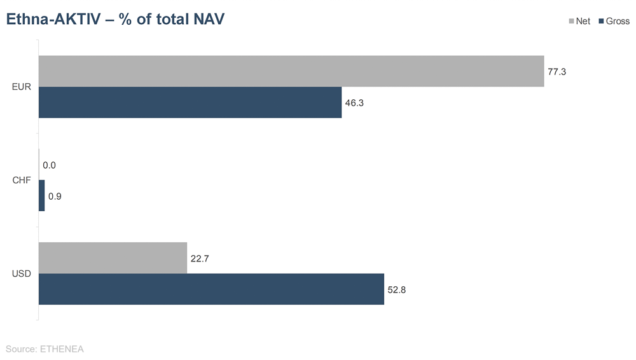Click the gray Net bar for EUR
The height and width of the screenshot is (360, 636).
click(x=291, y=71)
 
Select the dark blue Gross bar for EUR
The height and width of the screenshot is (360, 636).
click(x=190, y=102)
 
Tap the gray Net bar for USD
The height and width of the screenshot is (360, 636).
click(x=113, y=258)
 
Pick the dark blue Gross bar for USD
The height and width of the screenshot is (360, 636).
click(x=211, y=289)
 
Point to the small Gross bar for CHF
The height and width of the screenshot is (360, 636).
click(x=42, y=196)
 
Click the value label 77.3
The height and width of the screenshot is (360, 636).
click(x=556, y=72)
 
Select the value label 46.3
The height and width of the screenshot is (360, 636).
click(x=354, y=103)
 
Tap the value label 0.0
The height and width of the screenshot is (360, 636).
click(x=49, y=165)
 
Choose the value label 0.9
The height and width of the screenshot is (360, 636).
click(x=55, y=197)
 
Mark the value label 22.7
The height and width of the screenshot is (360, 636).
click(x=200, y=259)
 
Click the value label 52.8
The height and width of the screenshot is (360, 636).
click(x=397, y=290)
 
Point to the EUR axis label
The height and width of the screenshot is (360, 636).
click(x=21, y=87)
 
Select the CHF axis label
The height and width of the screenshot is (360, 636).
click(x=21, y=181)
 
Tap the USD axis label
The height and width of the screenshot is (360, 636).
click(x=21, y=274)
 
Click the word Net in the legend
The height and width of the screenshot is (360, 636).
click(x=583, y=22)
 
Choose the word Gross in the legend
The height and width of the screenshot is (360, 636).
click(x=618, y=22)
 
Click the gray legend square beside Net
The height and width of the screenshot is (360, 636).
click(x=570, y=22)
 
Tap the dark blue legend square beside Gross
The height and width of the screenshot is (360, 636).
click(x=601, y=22)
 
